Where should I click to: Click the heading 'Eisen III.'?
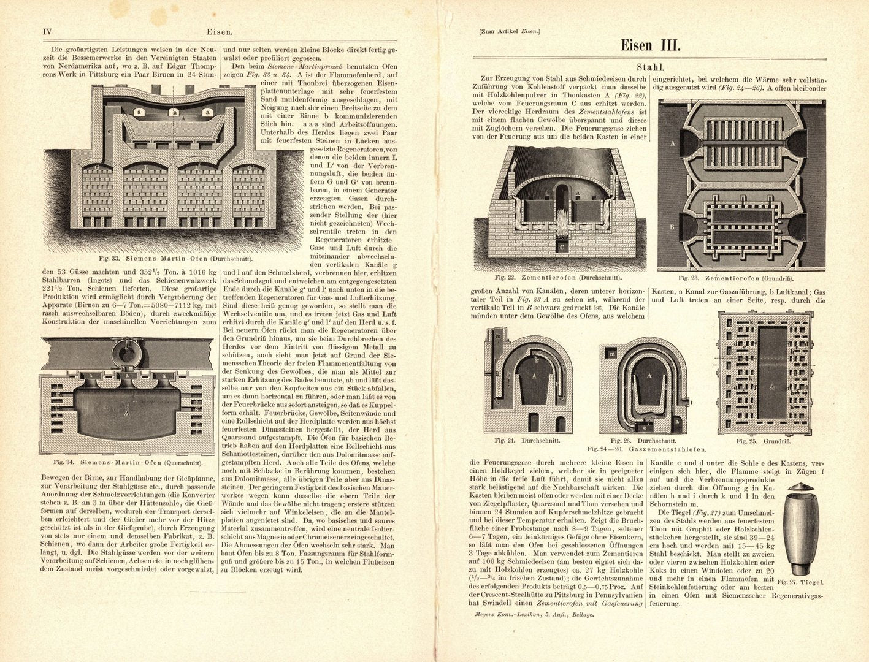[x=650, y=45]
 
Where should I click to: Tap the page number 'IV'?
[x=47, y=32]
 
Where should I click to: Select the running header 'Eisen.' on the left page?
[x=219, y=32]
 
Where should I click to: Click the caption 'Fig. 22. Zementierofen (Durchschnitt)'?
[x=559, y=278]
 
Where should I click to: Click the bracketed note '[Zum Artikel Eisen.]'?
[x=505, y=32]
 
